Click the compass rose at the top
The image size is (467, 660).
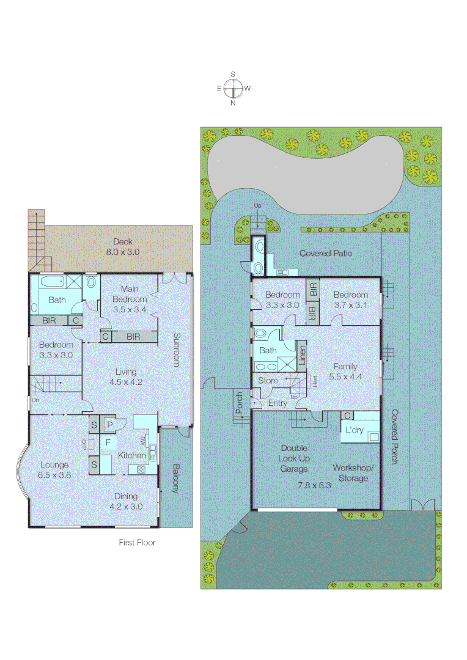pyautogui.click(x=233, y=89)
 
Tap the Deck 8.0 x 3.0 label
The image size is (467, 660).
pyautogui.click(x=122, y=246)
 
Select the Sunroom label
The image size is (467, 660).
pyautogui.click(x=177, y=350)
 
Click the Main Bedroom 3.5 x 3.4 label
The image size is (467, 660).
pyautogui.click(x=130, y=299)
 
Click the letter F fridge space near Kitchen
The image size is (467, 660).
pyautogui.click(x=108, y=442)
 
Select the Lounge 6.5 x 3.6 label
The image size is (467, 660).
pyautogui.click(x=54, y=470)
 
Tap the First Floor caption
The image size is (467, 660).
pyautogui.click(x=137, y=542)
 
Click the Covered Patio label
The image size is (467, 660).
pyautogui.click(x=326, y=253)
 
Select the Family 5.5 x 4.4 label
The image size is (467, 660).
pyautogui.click(x=345, y=372)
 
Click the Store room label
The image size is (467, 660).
pyautogui.click(x=268, y=381)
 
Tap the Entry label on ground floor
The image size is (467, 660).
pyautogui.click(x=278, y=403)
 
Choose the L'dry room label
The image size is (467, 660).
pyautogui.click(x=355, y=430)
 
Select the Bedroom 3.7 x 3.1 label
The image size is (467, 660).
pyautogui.click(x=350, y=299)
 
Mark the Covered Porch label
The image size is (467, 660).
pyautogui.click(x=394, y=437)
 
